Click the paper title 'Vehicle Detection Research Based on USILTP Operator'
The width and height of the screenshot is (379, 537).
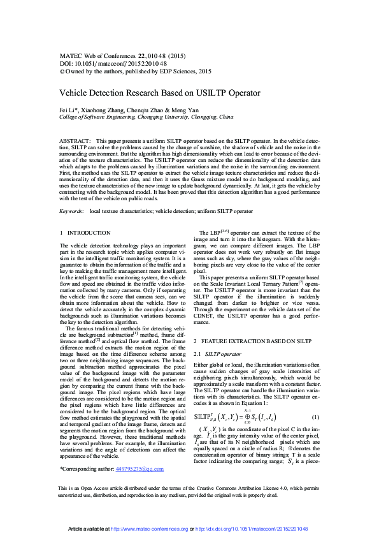tap(161, 91)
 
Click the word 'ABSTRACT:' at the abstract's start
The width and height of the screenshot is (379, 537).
tap(74, 139)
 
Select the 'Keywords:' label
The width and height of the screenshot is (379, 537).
tap(71, 210)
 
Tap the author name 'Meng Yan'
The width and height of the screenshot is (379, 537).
tap(202, 110)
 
